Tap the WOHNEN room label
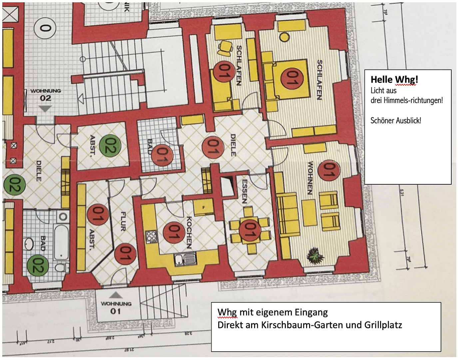310,178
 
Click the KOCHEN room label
189,232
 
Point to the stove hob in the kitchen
151,237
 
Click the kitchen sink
185,259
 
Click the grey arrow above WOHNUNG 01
116,295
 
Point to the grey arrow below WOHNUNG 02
45,108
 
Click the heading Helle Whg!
394,80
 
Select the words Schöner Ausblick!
396,121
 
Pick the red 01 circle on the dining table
250,230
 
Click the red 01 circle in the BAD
162,155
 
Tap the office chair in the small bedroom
226,48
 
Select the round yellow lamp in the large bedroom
284,37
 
